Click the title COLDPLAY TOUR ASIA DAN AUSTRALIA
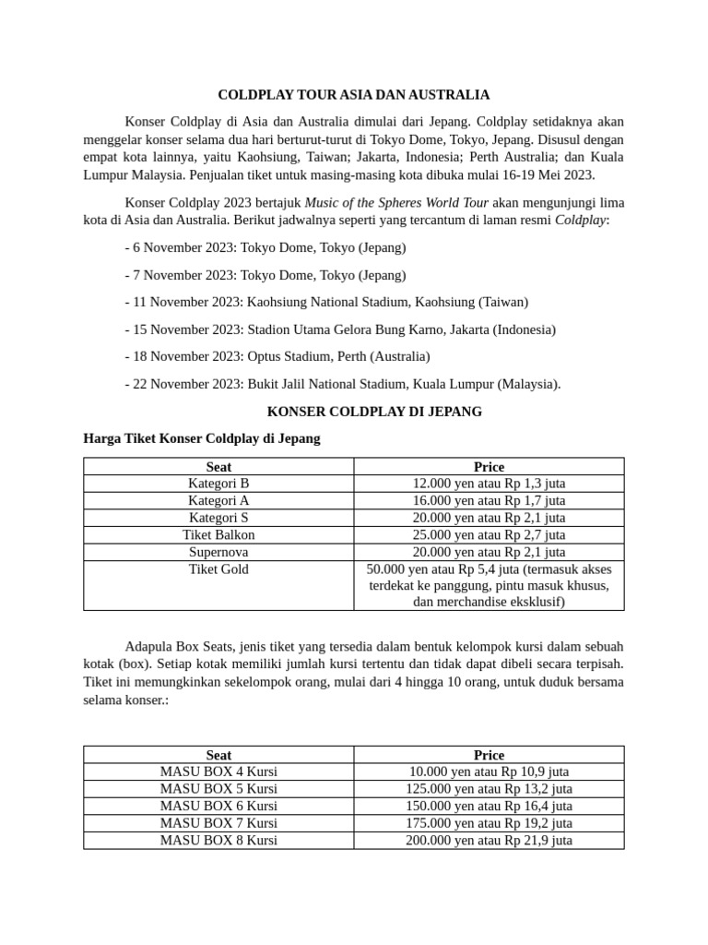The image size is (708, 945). point(354,94)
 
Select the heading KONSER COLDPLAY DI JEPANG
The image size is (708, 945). point(373,411)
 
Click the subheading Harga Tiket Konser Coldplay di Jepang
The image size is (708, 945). point(202,438)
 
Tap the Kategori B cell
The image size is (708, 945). point(218,483)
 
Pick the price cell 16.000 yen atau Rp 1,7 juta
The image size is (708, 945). point(489,500)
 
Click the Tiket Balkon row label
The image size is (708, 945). point(218,534)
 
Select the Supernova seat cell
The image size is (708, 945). point(218,552)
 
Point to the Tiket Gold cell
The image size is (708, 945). point(218,569)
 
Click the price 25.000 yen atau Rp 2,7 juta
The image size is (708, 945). point(489,534)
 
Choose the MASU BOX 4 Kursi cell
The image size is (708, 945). point(218,772)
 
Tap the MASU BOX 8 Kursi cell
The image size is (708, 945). point(218,840)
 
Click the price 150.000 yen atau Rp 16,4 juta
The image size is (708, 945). point(489,806)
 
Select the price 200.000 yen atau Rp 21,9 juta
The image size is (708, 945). point(489,840)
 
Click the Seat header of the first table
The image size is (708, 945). point(218,466)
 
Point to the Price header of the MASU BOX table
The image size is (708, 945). point(489,755)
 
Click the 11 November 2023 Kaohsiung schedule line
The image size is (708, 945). point(326,302)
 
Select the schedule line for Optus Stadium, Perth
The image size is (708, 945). point(277,355)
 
